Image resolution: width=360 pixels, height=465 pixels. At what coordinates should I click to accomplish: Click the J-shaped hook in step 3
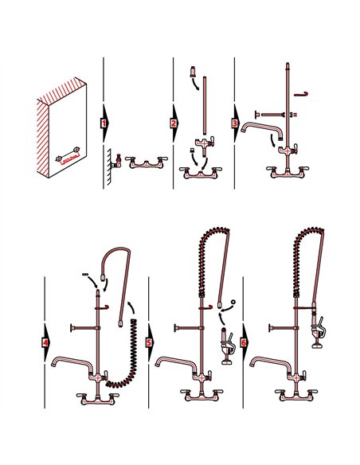(301, 95)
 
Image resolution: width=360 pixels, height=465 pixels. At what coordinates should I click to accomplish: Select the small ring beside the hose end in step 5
(232, 302)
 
